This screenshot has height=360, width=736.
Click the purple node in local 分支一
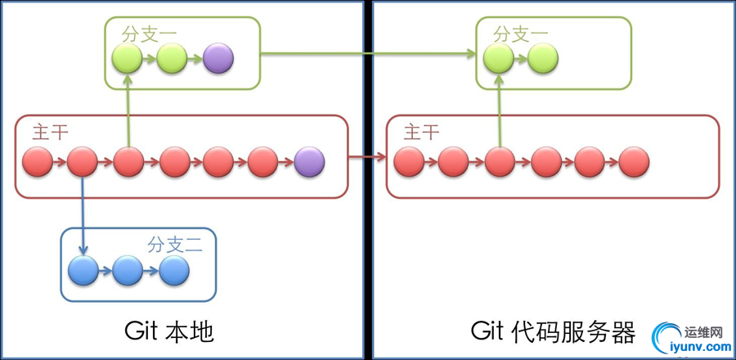[218, 58]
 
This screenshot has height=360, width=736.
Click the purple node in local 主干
[309, 163]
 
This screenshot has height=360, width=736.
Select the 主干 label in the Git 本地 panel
[51, 133]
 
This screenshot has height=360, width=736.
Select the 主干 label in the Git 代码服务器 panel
[422, 133]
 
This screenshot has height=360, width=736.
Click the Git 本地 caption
[169, 332]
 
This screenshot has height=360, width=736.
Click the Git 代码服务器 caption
[553, 332]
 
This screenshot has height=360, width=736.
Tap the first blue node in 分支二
[83, 270]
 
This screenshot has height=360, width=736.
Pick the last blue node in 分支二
[173, 270]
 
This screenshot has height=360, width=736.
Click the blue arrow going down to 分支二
[83, 213]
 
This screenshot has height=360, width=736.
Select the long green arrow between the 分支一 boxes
[368, 55]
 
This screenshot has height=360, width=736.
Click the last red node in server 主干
[634, 163]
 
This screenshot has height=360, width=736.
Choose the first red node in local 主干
[38, 163]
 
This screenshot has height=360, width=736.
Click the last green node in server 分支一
[543, 58]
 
